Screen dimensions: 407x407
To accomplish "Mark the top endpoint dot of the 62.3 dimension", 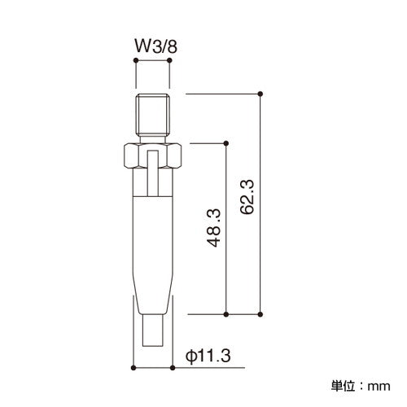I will pyautogui.click(x=260, y=94).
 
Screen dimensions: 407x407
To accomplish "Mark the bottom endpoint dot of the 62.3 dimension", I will pyautogui.click(x=260, y=313).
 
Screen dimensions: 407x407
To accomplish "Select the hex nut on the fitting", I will pyautogui.click(x=153, y=155).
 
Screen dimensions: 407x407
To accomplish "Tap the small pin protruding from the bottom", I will pyautogui.click(x=153, y=332).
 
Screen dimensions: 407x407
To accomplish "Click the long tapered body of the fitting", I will pyautogui.click(x=153, y=252).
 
